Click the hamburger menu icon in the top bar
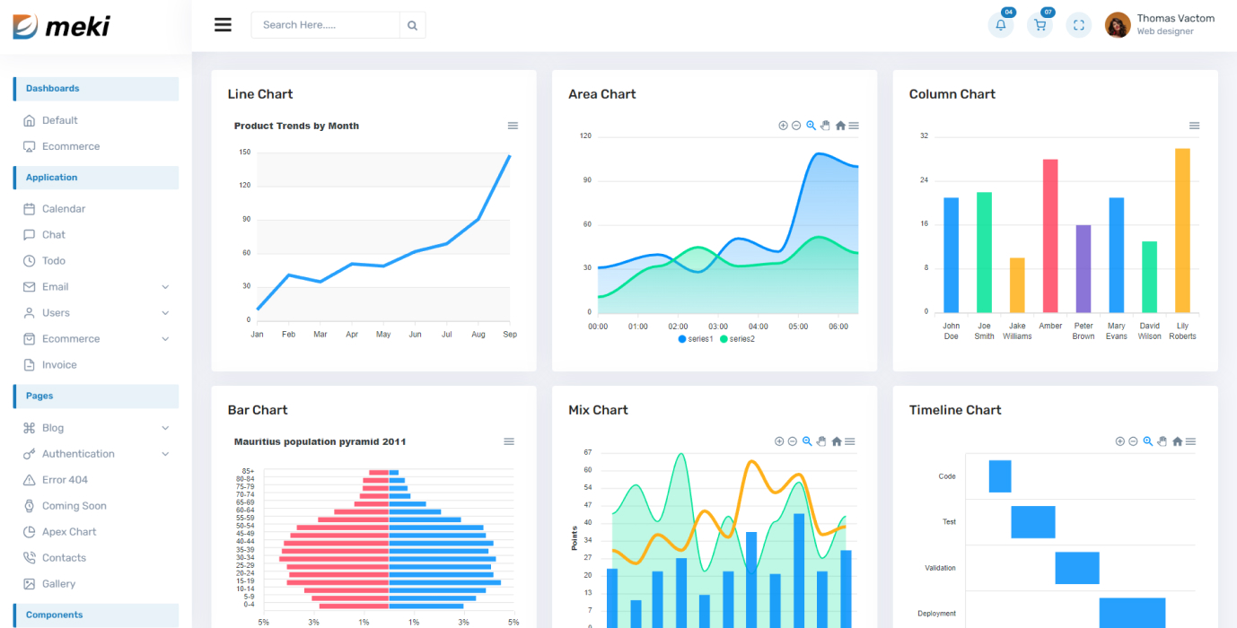pos(223,25)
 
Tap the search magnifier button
pos(412,25)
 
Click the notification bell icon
pos(1000,25)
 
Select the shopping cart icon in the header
pos(1040,25)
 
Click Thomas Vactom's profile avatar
pos(1118,25)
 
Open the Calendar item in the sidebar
pos(63,209)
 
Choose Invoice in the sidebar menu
pos(59,365)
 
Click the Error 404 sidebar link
pos(65,480)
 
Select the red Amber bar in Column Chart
pos(1050,235)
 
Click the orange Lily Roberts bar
pos(1182,230)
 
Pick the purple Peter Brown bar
pos(1083,268)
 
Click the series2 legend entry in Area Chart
pos(737,339)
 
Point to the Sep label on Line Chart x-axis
pos(510,335)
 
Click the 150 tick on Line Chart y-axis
pos(245,153)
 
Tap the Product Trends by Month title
pos(296,126)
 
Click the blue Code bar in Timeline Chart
pos(1000,476)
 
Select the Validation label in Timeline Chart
pos(940,568)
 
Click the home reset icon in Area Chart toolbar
pos(840,126)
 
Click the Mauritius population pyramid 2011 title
pos(320,442)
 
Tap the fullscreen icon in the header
pos(1079,25)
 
